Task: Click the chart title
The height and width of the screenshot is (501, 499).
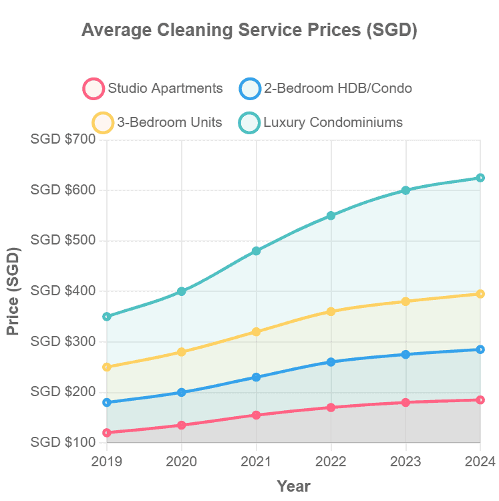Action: pos(249,31)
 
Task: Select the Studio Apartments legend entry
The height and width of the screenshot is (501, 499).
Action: pos(153,88)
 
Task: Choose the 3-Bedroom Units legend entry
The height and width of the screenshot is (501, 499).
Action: pos(158,122)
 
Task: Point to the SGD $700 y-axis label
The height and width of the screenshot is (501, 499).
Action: pos(63,140)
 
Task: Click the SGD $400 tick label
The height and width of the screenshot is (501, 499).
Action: pos(63,291)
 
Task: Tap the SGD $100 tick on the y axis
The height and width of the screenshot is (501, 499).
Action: pos(63,442)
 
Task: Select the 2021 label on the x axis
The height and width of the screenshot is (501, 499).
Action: pos(256,461)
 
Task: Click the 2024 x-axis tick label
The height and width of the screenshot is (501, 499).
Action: pos(480,461)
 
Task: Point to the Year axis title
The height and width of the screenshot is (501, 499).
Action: pos(293,486)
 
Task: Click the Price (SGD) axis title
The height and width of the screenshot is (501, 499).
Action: pos(13,291)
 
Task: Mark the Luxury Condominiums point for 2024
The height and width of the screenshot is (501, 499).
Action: pos(480,178)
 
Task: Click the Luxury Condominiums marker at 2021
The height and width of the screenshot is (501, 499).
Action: pos(256,251)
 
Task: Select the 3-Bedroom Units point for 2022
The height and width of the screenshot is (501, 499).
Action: pos(331,311)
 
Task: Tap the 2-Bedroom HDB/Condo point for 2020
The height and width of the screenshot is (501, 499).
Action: pos(182,392)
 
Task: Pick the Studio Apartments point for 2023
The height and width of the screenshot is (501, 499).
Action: pos(405,402)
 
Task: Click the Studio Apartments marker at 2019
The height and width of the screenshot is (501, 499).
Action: pos(107,432)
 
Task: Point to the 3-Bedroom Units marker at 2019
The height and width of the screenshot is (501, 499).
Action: pos(107,367)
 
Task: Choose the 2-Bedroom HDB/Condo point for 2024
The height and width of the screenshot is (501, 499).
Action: pos(480,349)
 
